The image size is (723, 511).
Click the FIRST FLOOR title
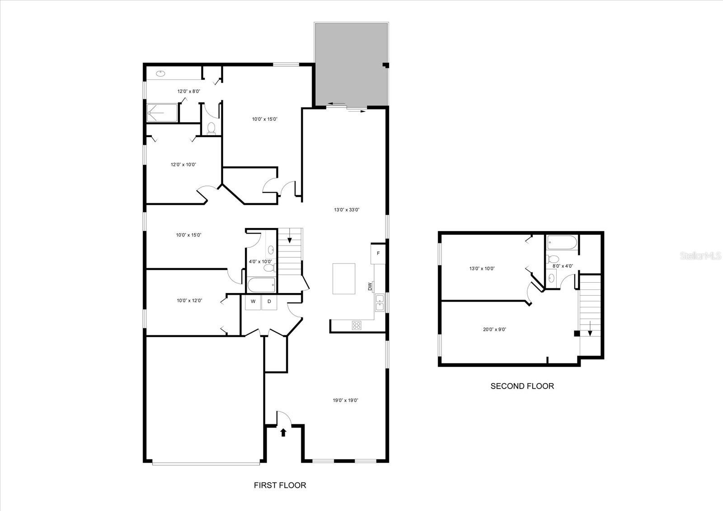click(280, 485)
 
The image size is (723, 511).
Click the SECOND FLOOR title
click(522, 386)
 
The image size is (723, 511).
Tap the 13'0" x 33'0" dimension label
click(347, 210)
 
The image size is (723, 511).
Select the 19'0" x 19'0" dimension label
click(345, 400)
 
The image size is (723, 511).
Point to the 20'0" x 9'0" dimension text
click(494, 330)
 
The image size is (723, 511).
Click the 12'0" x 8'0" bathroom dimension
click(189, 91)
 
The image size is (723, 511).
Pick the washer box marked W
click(253, 302)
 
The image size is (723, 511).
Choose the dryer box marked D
click(269, 302)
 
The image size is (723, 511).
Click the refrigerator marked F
click(378, 253)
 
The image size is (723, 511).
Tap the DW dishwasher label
click(370, 287)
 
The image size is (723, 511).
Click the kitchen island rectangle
click(344, 279)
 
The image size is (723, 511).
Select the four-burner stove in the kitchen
click(357, 325)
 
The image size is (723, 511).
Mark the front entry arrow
click(283, 432)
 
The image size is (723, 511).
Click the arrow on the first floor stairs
click(290, 236)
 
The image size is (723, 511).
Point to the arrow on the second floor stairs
click(590, 329)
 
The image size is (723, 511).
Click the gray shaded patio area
click(351, 64)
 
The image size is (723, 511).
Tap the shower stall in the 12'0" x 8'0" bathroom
click(162, 113)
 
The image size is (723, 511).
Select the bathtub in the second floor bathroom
click(562, 243)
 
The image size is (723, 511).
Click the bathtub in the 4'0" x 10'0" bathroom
click(262, 285)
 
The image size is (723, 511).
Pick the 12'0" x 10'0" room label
click(183, 165)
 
